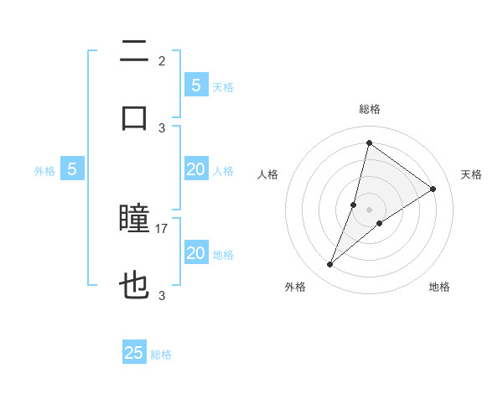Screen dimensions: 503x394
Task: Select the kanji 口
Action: tap(134, 117)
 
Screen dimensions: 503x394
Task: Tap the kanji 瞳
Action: tap(134, 220)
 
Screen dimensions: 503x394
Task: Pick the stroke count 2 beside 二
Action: tap(162, 60)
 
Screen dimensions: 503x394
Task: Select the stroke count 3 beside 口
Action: tap(162, 127)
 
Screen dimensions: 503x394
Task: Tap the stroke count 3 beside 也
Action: tap(162, 295)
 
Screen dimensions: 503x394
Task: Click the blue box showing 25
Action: tap(134, 353)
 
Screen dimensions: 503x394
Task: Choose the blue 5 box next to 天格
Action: tap(196, 85)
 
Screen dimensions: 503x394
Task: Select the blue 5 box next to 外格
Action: tap(72, 169)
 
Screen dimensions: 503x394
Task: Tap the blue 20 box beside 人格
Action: tap(196, 169)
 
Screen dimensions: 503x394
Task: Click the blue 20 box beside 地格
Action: tap(196, 253)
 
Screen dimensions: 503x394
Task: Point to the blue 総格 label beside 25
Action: tap(162, 355)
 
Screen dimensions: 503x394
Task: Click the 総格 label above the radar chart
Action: tap(369, 109)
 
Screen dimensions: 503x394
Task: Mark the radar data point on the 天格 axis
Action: tap(433, 189)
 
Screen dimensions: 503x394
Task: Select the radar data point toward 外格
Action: tap(330, 265)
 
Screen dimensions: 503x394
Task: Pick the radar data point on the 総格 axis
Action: tap(369, 143)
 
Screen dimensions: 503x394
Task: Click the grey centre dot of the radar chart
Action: tap(369, 210)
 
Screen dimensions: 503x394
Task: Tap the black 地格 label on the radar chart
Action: tap(439, 287)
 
